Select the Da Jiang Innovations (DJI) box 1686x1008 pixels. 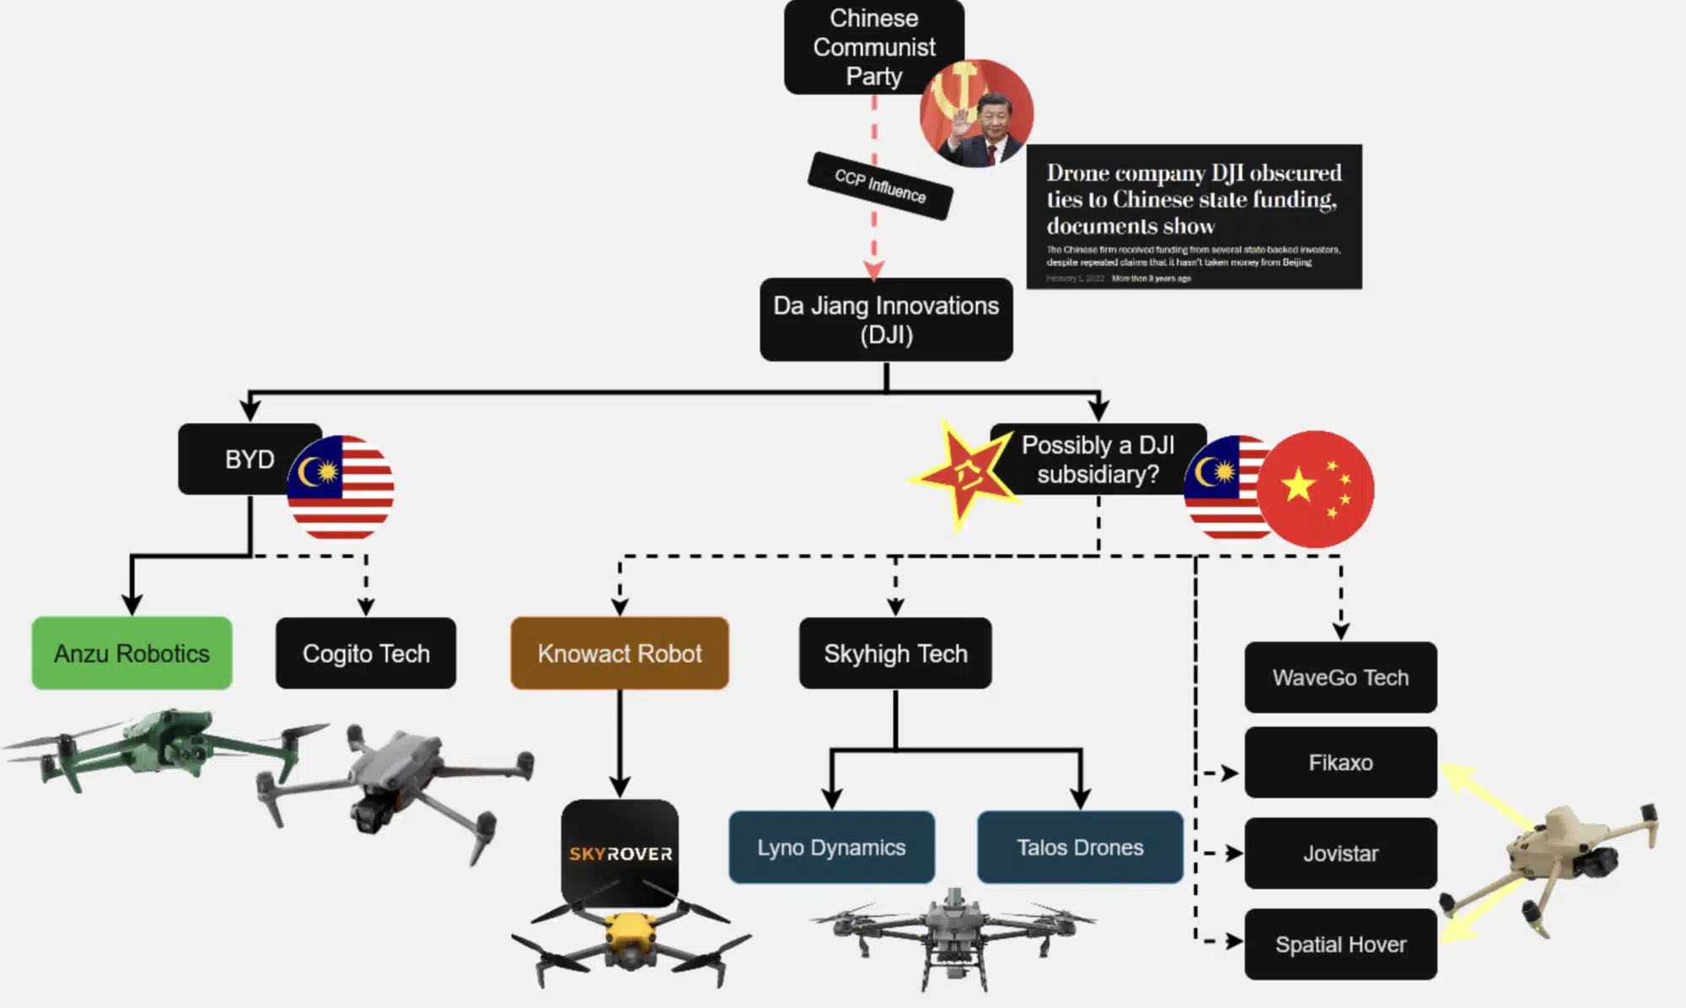tap(886, 320)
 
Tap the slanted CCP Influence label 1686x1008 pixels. tap(880, 186)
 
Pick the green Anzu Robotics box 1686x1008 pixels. tap(132, 653)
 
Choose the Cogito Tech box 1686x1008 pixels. tap(366, 653)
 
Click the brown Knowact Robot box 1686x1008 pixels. tap(620, 653)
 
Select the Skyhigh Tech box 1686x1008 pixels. tap(895, 653)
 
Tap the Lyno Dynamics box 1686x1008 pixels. tap(831, 847)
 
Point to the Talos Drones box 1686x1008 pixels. tap(1080, 847)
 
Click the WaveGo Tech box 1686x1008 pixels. tap(1340, 677)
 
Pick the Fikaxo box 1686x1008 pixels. tap(1340, 763)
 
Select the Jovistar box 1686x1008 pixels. tap(1340, 853)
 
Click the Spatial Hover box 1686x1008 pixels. tap(1340, 944)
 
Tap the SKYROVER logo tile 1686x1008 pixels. tap(620, 852)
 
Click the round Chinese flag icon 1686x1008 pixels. tap(1317, 489)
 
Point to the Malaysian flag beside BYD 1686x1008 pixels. tap(341, 488)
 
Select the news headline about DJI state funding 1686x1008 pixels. tap(1194, 216)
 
